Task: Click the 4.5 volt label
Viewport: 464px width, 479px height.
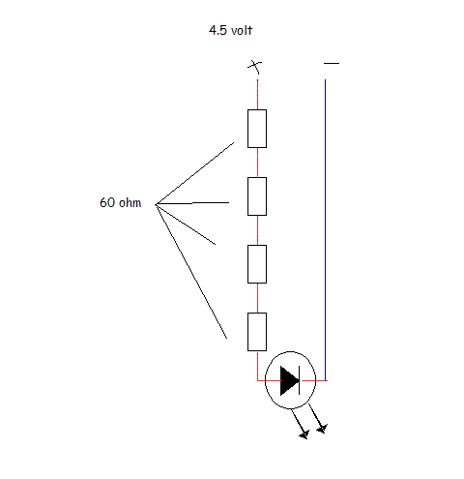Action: tap(230, 30)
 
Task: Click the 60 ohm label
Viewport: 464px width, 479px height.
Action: tap(121, 202)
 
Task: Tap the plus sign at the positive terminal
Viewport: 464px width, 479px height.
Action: tap(254, 67)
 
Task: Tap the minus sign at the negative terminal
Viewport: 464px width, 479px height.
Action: tap(332, 63)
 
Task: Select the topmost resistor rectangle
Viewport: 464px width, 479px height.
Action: tap(257, 129)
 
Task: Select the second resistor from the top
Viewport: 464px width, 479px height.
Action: tap(257, 196)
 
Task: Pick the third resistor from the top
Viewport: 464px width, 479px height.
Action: tap(257, 264)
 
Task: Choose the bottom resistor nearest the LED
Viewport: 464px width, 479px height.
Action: tap(257, 332)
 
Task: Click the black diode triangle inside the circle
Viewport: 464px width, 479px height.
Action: tap(289, 380)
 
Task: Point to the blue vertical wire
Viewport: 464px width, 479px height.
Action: tap(325, 230)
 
